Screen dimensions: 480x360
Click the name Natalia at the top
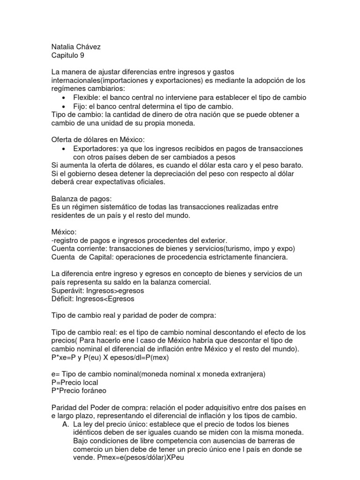(x=63, y=47)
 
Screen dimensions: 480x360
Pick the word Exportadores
(x=96, y=149)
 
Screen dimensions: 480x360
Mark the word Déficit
(x=63, y=299)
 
